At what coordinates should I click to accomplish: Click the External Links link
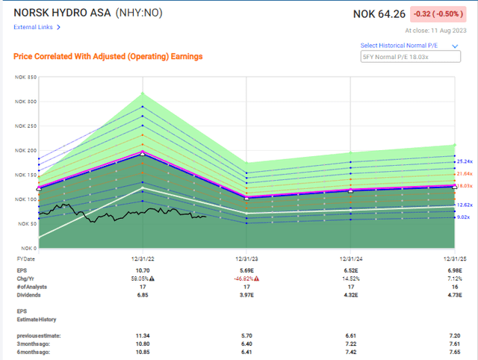coord(37,27)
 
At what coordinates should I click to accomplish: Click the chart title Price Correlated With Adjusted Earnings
coord(108,56)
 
